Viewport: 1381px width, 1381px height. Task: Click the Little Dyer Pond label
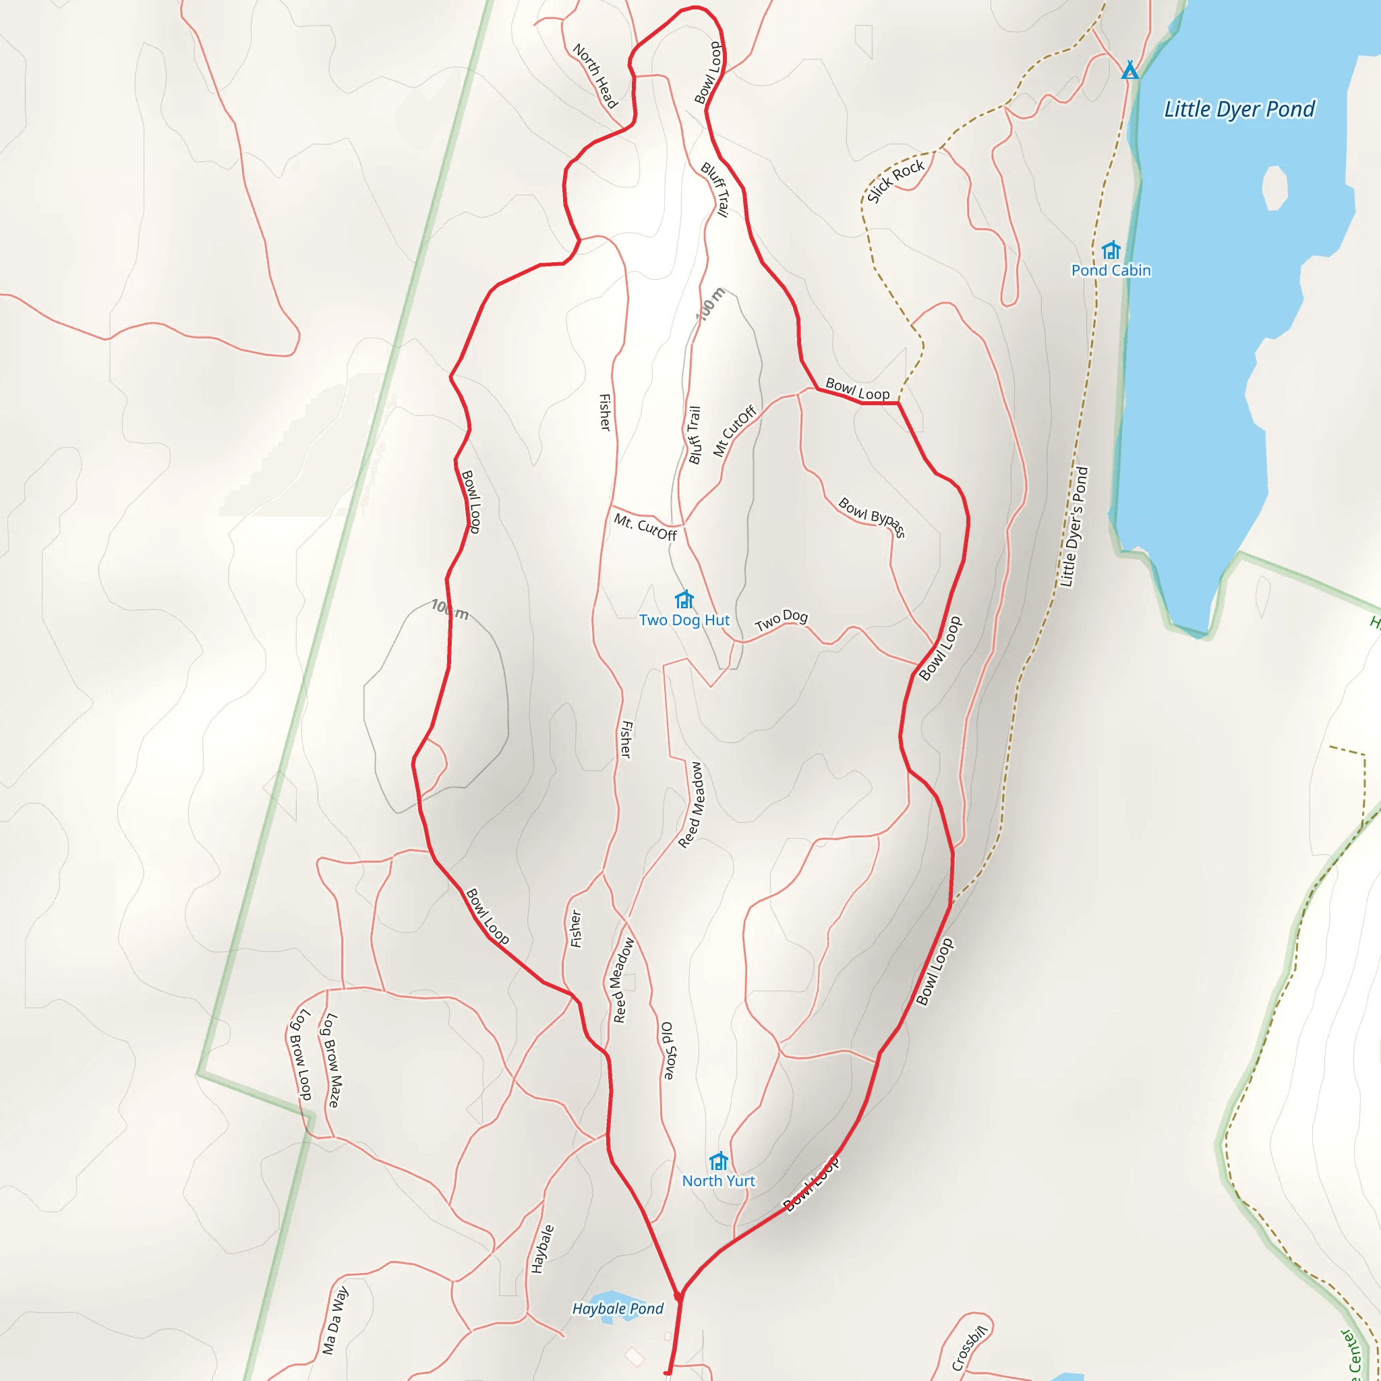tap(1239, 109)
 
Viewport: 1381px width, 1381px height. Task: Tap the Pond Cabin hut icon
tap(1110, 250)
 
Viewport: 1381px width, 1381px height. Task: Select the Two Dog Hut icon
tap(684, 599)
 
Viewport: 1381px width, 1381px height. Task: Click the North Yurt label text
tap(718, 1181)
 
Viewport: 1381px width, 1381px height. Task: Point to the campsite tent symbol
tap(1129, 70)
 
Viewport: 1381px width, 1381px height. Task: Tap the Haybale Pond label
tap(618, 1308)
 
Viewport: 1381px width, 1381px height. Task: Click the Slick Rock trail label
tap(895, 181)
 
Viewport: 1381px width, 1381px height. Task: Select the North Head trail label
tap(595, 76)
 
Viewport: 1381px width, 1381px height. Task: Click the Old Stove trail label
tap(668, 1050)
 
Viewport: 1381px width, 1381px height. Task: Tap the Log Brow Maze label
tap(332, 1060)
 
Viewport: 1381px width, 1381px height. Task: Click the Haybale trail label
tap(542, 1249)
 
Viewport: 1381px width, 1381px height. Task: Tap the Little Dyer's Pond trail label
tap(1074, 527)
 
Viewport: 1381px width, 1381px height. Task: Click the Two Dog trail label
tap(782, 619)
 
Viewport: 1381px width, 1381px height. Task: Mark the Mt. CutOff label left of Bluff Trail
tap(645, 527)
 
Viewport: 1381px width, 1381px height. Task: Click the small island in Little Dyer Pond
tap(1274, 188)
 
